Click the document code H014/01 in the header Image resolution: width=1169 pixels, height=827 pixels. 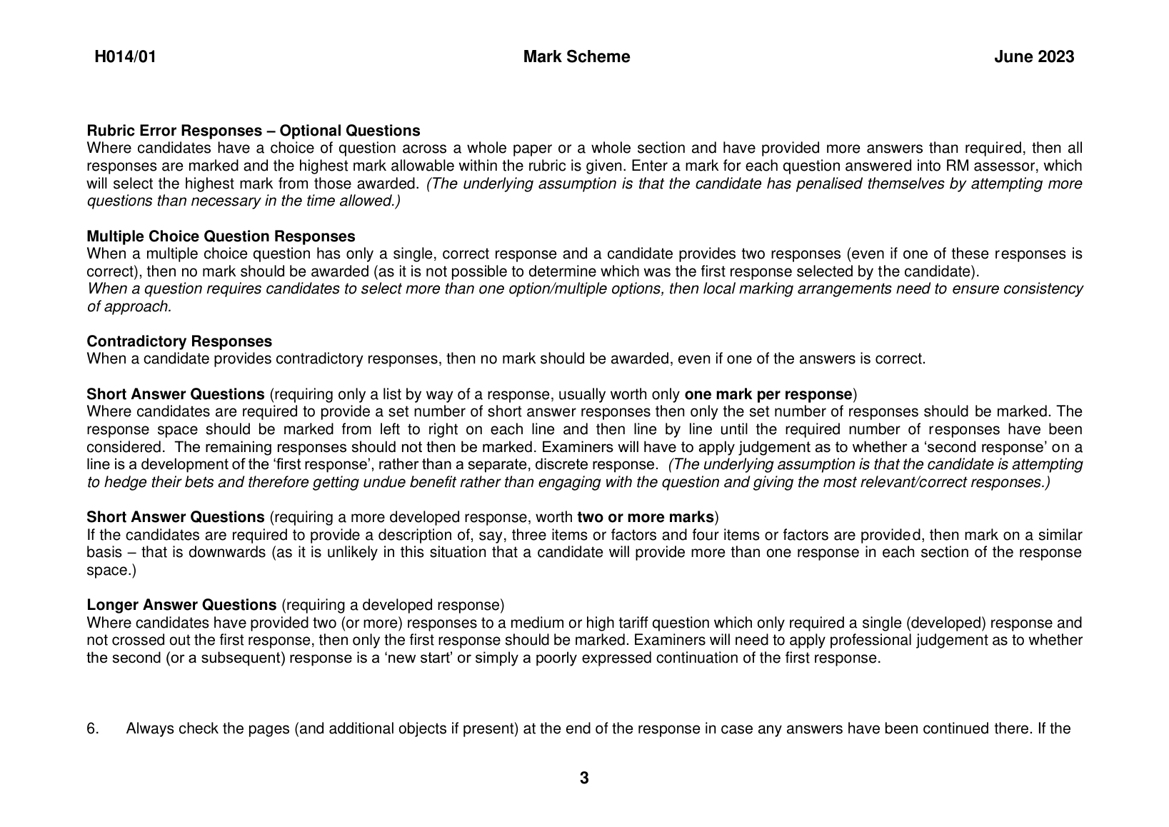pos(125,57)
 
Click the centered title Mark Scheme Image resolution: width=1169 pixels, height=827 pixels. pos(576,57)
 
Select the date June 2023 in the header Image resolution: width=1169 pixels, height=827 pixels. pos(1033,57)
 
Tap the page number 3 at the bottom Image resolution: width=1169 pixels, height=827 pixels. pos(584,778)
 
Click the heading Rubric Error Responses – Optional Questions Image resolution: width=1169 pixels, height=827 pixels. pos(253,131)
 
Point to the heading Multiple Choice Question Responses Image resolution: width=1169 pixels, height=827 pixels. pos(221,236)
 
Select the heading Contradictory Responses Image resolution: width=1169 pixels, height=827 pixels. pos(179,341)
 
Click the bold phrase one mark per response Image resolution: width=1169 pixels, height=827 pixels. pos(768,394)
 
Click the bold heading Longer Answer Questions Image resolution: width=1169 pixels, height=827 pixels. pos(181,605)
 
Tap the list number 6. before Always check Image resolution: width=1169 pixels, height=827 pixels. pos(93,729)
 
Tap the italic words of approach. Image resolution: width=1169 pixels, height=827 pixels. pos(129,306)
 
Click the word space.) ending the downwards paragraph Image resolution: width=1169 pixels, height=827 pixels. pos(111,570)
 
